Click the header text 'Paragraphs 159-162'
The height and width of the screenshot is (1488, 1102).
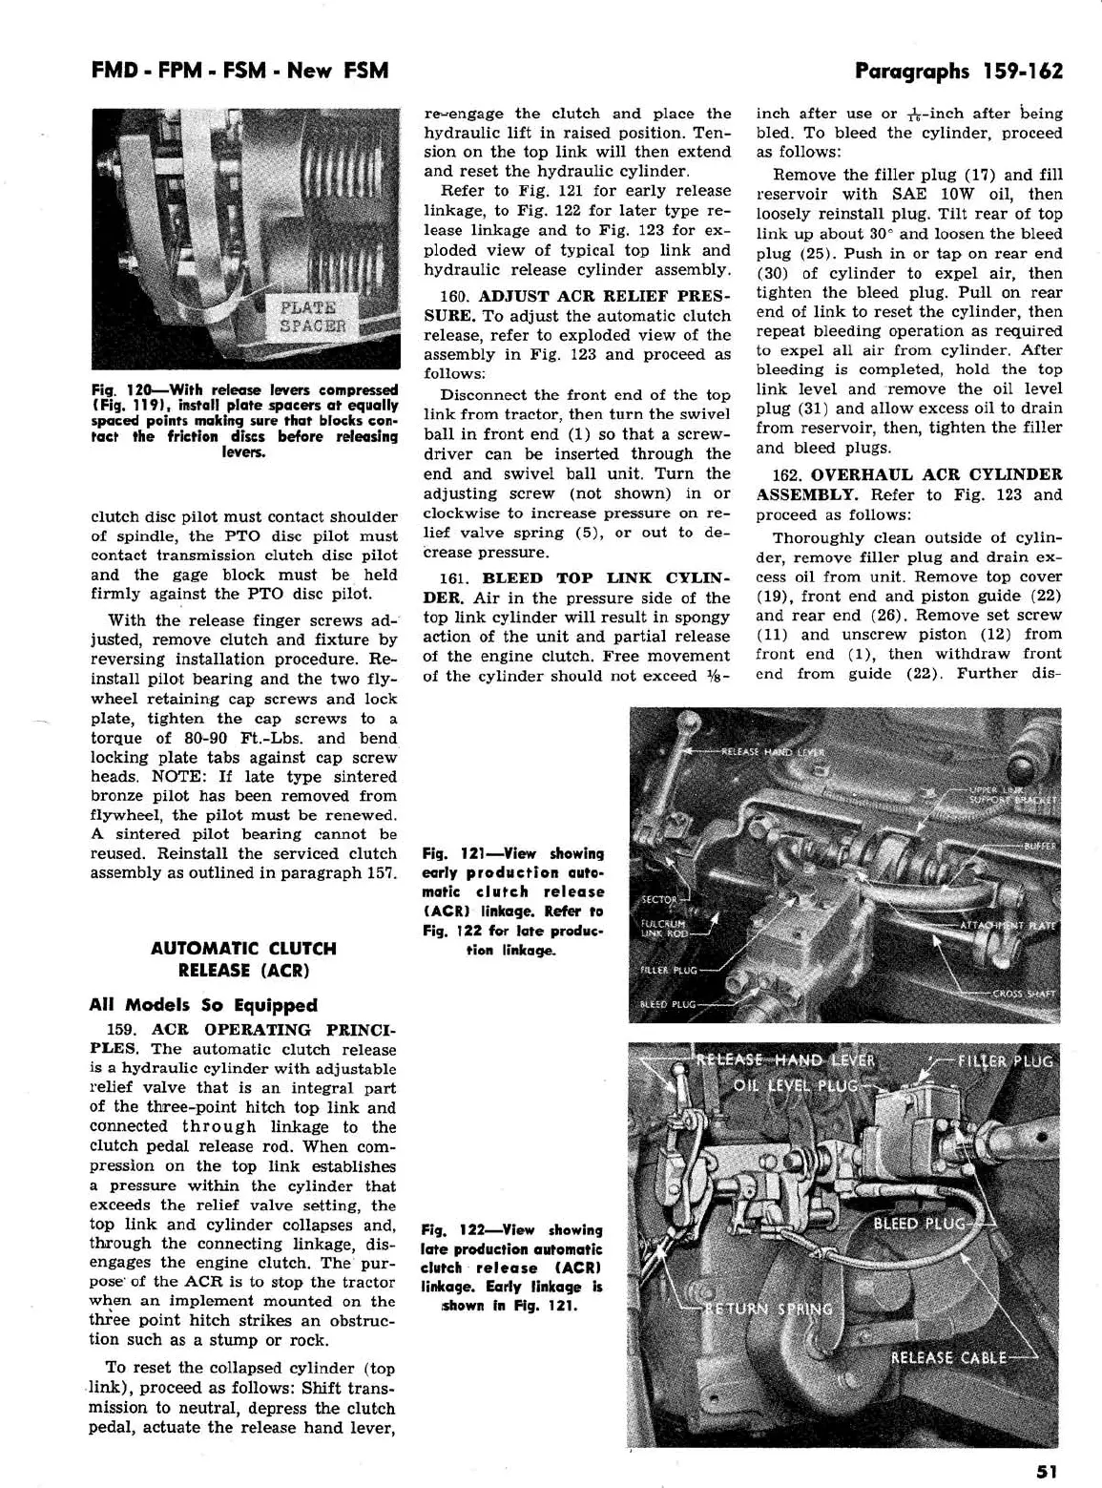tap(958, 71)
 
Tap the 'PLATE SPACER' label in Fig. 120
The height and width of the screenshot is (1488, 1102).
tap(310, 316)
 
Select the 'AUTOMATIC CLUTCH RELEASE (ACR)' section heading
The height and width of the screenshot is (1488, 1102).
tap(243, 959)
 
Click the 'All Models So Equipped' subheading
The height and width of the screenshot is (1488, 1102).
tap(203, 1005)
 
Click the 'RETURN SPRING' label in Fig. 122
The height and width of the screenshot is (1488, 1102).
tap(768, 1309)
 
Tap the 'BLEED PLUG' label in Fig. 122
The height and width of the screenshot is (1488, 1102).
tap(921, 1224)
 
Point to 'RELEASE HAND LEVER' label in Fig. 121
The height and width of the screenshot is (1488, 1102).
tap(772, 752)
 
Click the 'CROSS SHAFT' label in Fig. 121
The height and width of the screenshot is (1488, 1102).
tap(1024, 994)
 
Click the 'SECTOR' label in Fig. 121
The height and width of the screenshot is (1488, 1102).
tap(658, 899)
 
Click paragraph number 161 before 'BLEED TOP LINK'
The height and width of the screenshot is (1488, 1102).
tap(452, 578)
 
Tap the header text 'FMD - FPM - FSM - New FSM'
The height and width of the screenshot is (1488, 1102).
tap(239, 71)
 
